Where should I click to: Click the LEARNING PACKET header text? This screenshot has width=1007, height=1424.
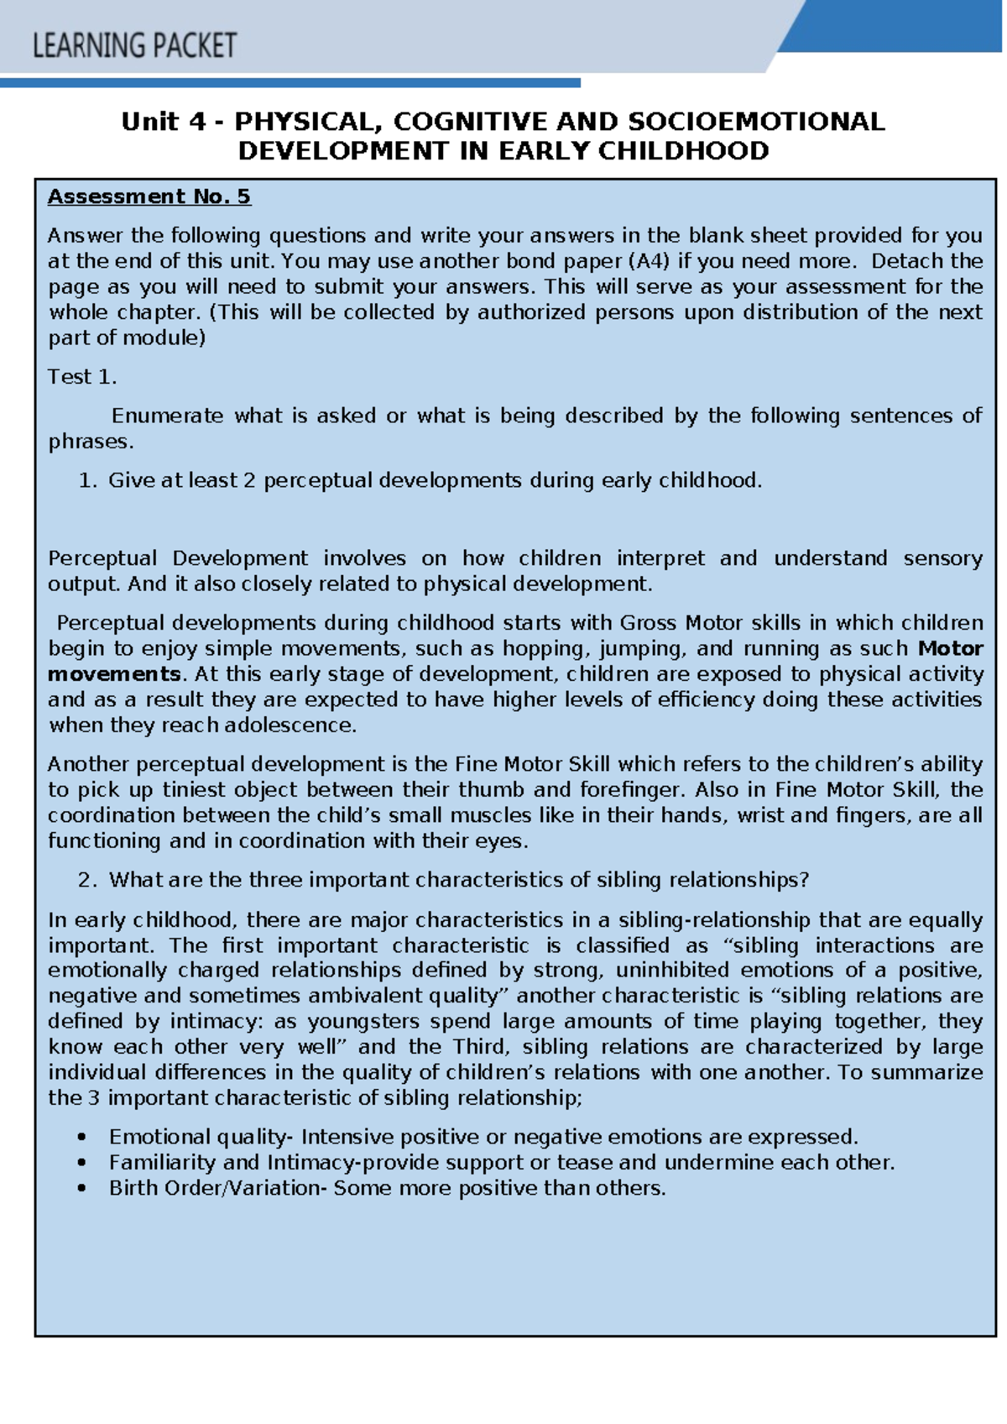tap(134, 45)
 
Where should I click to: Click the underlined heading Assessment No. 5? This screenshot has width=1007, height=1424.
tap(149, 196)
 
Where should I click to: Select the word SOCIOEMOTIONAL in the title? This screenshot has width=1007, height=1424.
tap(756, 122)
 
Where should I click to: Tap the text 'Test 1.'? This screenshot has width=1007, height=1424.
tap(82, 377)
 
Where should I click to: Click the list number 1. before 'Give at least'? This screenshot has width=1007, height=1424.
tap(88, 480)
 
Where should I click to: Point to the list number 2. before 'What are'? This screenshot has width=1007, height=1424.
tap(88, 880)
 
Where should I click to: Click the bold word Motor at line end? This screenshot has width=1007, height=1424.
tap(951, 648)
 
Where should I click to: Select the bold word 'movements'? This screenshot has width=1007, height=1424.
tap(114, 674)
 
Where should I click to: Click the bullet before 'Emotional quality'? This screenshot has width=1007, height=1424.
tap(81, 1137)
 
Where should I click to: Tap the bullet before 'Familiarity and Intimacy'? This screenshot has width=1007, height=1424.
tap(81, 1163)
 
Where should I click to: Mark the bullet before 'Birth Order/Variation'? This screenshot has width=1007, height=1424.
tap(81, 1188)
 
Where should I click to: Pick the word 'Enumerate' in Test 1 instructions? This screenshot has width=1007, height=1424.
tap(167, 416)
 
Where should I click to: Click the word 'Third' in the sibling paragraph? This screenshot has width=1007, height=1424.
tap(480, 1047)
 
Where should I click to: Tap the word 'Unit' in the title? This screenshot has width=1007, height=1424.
tap(150, 122)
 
